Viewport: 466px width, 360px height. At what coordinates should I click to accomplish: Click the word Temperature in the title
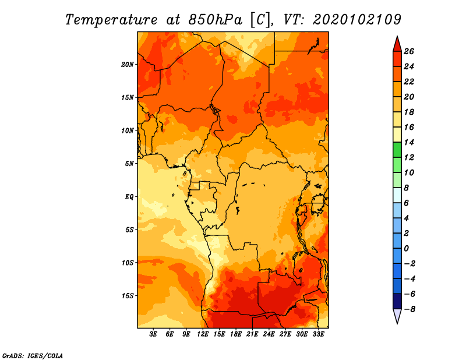(111, 20)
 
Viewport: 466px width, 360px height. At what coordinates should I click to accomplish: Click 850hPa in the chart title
(216, 20)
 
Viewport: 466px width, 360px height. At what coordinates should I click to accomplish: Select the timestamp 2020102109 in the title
(357, 19)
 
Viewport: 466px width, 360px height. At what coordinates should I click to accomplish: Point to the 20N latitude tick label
(128, 65)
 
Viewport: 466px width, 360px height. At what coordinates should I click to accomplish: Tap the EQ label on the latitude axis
(129, 197)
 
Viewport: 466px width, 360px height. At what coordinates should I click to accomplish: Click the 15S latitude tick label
(128, 296)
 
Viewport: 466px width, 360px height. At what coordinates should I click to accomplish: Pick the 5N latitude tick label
(129, 164)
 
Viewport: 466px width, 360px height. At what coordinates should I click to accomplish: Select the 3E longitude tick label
(153, 334)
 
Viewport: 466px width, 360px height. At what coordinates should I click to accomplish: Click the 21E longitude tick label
(252, 334)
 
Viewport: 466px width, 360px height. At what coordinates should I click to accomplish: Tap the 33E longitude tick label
(318, 334)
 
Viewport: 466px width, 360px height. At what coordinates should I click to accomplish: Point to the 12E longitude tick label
(203, 334)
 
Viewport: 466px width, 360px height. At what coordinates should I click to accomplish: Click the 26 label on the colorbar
(409, 51)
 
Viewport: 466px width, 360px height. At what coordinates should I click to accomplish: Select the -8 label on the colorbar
(409, 309)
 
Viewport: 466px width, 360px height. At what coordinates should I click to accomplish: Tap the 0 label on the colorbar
(406, 249)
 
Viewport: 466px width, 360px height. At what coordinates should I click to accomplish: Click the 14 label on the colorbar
(409, 142)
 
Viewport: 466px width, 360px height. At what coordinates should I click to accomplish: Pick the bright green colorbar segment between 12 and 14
(397, 150)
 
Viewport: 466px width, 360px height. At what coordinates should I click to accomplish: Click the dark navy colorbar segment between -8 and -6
(397, 301)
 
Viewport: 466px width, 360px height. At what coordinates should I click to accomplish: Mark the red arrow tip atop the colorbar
(397, 36)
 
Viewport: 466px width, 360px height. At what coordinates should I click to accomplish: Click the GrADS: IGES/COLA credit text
(33, 356)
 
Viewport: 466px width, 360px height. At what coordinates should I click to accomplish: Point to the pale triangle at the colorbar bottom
(397, 316)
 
